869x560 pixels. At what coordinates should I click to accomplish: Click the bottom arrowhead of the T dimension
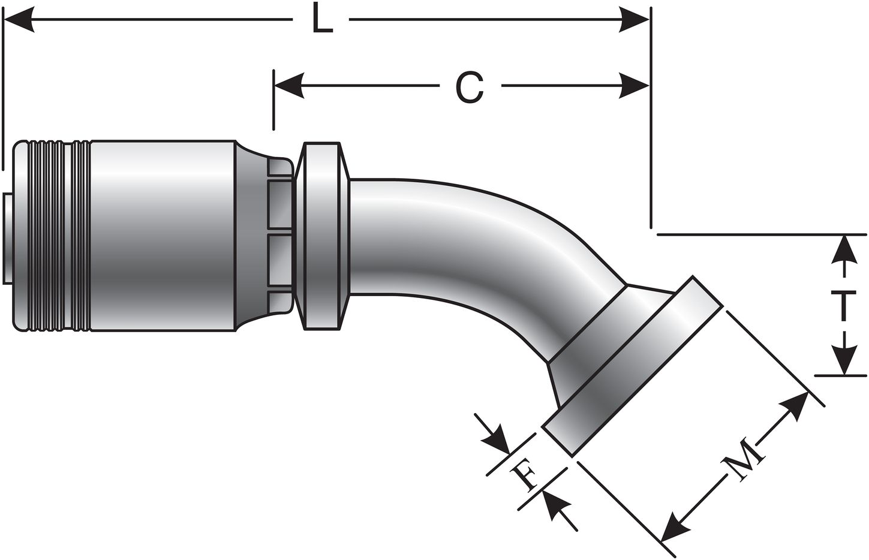(x=844, y=362)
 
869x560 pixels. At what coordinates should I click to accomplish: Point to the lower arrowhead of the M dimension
(x=681, y=522)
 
